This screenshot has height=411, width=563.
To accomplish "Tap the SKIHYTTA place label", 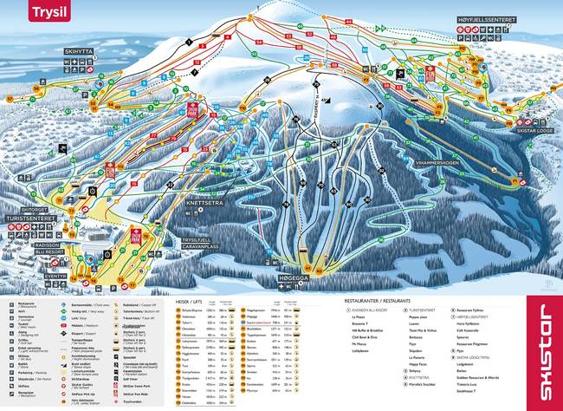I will tap(80, 51).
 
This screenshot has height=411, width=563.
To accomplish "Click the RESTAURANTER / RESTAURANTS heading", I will tap(374, 301).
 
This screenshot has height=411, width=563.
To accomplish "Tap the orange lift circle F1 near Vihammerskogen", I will tap(519, 181).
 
